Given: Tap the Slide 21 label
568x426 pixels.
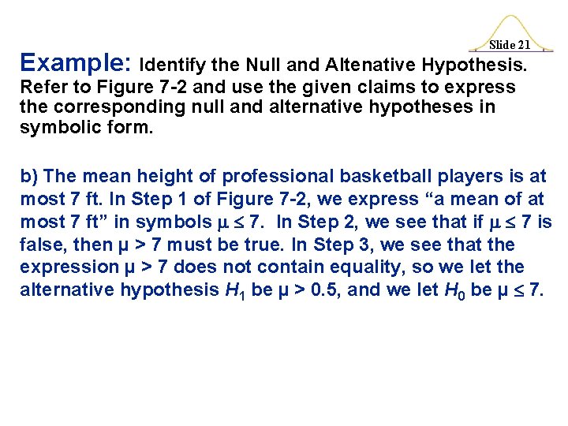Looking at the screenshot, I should click(x=509, y=46).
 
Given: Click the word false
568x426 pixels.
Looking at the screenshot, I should click(x=41, y=245).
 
